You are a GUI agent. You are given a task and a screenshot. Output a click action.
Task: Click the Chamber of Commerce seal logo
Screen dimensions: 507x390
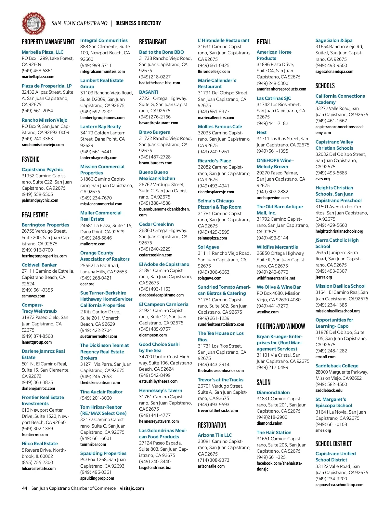[x=33, y=23]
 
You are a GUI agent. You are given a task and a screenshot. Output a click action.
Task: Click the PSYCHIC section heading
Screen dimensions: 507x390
[x=31, y=159]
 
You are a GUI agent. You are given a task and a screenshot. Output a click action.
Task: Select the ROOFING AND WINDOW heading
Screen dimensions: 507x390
[x=281, y=326]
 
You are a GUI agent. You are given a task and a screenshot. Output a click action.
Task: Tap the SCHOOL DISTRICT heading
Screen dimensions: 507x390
[x=333, y=444]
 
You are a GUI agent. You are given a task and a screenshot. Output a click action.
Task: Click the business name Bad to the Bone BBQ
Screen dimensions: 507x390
[x=161, y=52]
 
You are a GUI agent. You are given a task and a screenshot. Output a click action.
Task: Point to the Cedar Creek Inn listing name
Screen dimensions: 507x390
[x=156, y=224]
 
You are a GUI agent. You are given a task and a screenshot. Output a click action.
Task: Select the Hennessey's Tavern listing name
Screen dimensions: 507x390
[x=161, y=391]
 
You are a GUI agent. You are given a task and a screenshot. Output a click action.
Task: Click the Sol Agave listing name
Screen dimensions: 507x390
[x=208, y=247]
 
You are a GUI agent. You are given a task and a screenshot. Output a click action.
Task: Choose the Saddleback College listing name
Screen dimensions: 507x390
[x=337, y=366]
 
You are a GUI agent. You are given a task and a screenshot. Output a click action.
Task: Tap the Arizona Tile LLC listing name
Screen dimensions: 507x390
[x=215, y=435]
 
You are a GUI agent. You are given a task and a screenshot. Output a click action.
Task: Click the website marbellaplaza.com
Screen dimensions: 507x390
[x=38, y=77]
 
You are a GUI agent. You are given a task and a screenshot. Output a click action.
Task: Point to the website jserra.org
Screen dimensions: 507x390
[x=324, y=277]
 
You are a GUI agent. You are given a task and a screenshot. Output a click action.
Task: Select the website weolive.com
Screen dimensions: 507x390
[x=267, y=312]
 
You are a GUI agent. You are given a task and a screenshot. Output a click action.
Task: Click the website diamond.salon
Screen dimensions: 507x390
[x=269, y=423]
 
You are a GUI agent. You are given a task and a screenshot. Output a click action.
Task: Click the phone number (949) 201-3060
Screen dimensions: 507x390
[x=96, y=398]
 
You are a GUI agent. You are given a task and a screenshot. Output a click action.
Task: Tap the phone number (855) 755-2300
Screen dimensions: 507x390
[x=37, y=462]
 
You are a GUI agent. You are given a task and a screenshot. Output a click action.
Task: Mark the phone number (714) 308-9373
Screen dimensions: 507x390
[x=214, y=460]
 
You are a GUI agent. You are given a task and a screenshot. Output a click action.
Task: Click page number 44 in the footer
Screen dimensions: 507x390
[x=25, y=488]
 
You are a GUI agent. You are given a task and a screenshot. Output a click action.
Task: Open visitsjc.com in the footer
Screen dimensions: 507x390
[x=132, y=488]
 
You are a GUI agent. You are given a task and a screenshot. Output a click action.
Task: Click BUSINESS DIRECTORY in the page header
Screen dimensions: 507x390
[x=138, y=23]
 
